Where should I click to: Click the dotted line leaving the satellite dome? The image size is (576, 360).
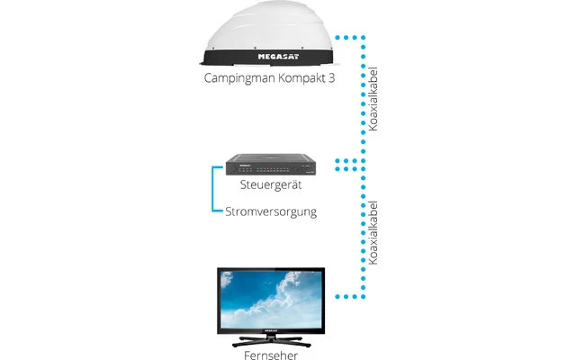346,37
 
